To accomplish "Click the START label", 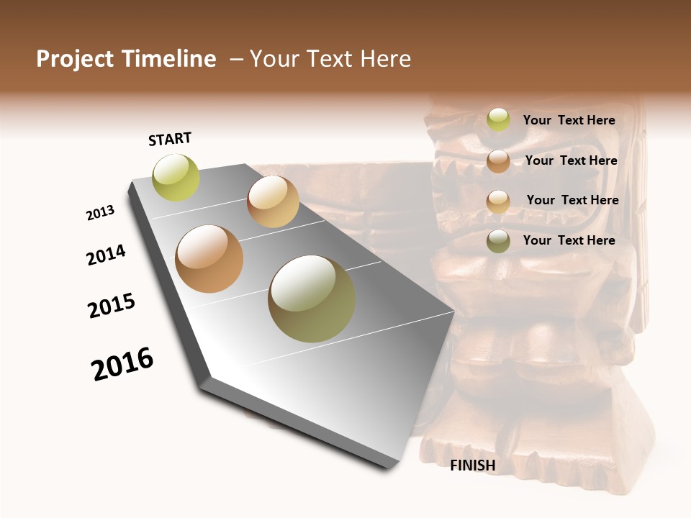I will tap(170, 139).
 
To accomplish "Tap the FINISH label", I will tap(473, 465).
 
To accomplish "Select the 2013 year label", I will tap(100, 213).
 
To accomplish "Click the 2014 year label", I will tap(106, 255).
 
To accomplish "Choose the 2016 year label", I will tap(122, 364).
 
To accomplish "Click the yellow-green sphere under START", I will tap(176, 178).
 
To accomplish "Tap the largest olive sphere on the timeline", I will tap(312, 299).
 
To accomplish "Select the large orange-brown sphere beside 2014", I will tap(209, 259).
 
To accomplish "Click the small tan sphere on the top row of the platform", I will tap(273, 201).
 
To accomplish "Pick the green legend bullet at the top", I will tap(498, 120).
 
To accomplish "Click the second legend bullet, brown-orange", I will tap(498, 161).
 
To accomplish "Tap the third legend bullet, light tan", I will tap(498, 201).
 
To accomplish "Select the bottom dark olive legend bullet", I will tap(498, 241).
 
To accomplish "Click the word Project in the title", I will tap(75, 59).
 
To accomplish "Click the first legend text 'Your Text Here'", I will tap(569, 121).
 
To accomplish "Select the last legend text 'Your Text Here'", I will tap(569, 240).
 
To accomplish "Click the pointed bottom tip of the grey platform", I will tap(389, 468).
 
